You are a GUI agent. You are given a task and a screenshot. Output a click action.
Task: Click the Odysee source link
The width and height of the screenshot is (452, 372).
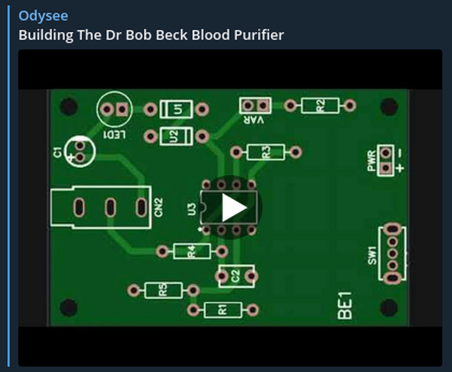(x=43, y=16)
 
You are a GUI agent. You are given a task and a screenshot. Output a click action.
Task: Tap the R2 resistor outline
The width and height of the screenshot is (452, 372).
(x=320, y=105)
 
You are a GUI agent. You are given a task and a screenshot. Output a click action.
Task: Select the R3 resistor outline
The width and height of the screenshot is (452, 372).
(x=266, y=152)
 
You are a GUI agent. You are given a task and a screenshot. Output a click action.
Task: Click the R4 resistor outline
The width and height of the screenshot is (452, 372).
(x=192, y=252)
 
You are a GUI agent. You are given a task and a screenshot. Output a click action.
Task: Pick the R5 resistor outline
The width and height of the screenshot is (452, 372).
(x=163, y=290)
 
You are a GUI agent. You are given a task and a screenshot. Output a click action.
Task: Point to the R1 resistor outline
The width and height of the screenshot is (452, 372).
(x=222, y=310)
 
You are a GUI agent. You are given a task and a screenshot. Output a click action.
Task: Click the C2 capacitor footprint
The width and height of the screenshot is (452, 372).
(x=236, y=276)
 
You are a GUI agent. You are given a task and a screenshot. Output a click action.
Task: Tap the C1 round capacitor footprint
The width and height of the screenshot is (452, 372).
(x=79, y=151)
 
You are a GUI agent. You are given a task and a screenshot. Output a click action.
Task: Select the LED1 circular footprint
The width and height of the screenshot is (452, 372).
(x=114, y=109)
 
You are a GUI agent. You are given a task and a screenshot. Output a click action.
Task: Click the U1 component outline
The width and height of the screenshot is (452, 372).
(x=176, y=109)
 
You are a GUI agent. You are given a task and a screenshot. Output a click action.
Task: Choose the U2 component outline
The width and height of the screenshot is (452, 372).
(x=176, y=136)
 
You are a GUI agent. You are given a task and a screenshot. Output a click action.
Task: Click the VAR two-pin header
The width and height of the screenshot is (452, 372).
(x=255, y=105)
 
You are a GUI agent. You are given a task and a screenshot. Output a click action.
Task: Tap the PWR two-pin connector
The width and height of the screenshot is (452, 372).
(x=386, y=160)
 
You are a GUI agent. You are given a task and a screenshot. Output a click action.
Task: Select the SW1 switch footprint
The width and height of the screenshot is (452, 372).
(x=392, y=253)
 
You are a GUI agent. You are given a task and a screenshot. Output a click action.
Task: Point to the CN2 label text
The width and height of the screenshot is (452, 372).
(x=159, y=207)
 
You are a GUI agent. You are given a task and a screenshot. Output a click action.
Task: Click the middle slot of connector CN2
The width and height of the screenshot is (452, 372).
(x=110, y=207)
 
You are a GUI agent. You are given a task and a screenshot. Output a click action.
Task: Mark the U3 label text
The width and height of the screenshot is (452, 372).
(x=192, y=209)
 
